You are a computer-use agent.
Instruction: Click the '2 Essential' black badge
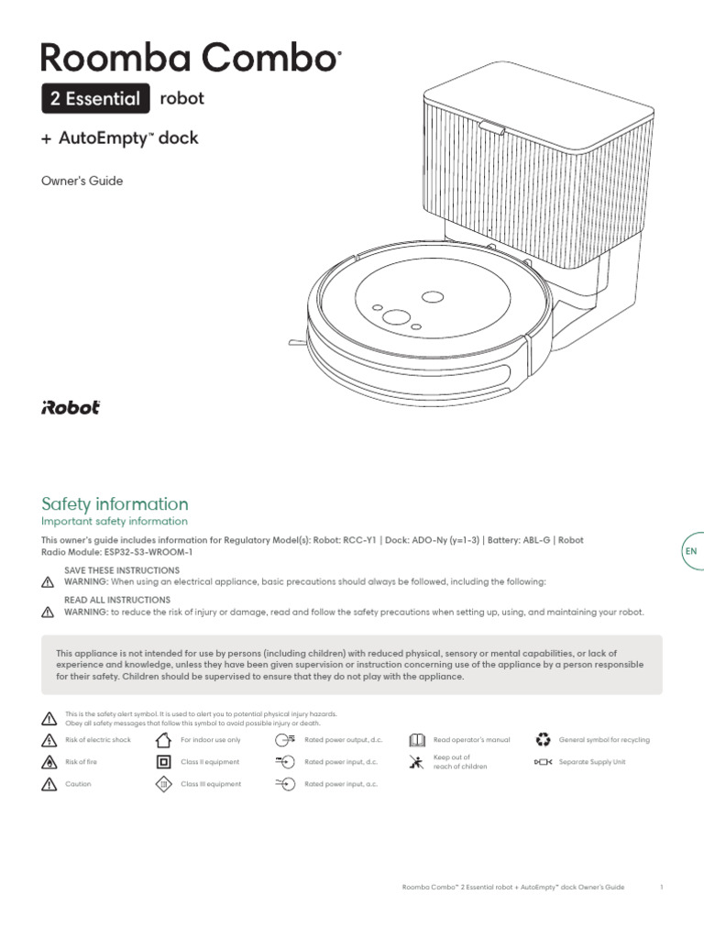[x=95, y=98]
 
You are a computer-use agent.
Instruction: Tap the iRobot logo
[x=71, y=408]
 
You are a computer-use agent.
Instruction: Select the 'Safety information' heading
[x=115, y=503]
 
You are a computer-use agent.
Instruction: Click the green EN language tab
[x=691, y=551]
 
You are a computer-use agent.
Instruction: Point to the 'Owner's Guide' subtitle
[x=82, y=181]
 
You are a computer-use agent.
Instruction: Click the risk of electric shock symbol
[x=49, y=740]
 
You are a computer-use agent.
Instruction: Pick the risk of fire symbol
[x=49, y=762]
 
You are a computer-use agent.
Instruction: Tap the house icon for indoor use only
[x=163, y=740]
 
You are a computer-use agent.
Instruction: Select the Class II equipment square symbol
[x=163, y=762]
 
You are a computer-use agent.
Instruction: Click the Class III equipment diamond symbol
[x=163, y=784]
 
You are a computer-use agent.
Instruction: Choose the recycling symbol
[x=543, y=739]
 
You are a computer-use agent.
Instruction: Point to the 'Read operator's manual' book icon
[x=416, y=740]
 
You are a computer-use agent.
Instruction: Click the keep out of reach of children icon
[x=416, y=762]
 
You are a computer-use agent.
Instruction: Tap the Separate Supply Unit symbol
[x=543, y=762]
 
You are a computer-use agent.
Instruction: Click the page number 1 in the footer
[x=661, y=888]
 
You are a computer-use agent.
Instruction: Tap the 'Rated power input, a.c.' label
[x=341, y=784]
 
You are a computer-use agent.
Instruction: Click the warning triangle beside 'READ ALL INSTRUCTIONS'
[x=49, y=612]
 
